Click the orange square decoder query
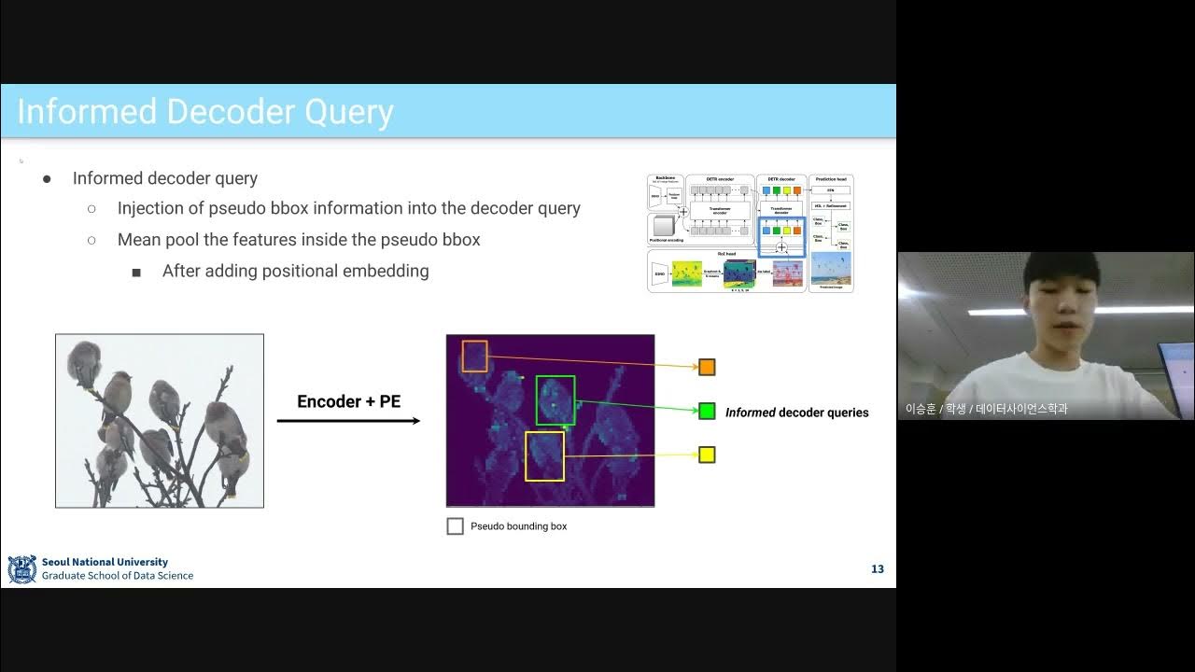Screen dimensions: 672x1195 [707, 367]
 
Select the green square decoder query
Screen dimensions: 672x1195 [707, 411]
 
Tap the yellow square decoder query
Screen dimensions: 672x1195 [707, 455]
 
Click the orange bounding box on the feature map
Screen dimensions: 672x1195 [474, 356]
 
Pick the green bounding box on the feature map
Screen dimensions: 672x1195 [555, 399]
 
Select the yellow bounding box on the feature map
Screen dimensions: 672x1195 [544, 456]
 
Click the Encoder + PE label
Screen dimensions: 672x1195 [348, 401]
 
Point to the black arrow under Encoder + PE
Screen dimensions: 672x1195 [348, 421]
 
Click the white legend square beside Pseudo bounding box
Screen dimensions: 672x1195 [455, 526]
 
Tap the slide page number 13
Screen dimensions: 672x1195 [877, 569]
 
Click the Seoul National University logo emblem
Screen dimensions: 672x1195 [21, 569]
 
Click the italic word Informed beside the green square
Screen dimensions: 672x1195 [750, 413]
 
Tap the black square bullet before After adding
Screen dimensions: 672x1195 [136, 273]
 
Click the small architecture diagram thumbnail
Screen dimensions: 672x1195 [750, 233]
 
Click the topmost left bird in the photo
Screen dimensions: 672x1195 [84, 360]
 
